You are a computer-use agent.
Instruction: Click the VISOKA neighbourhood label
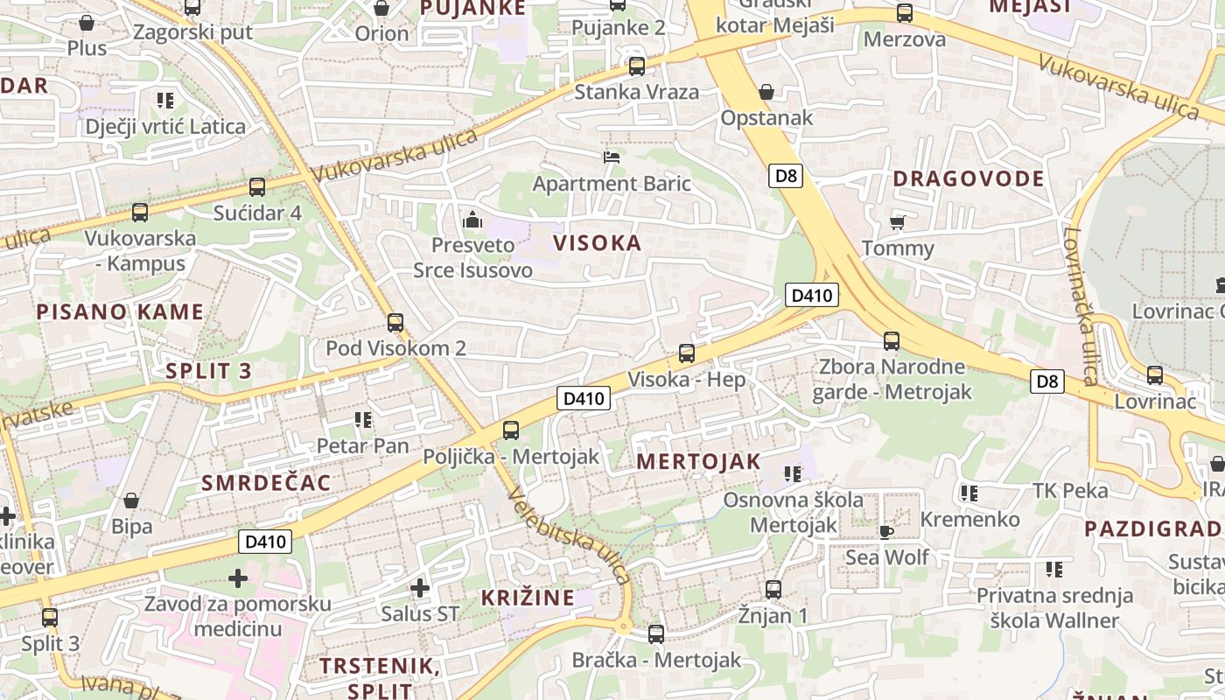pyautogui.click(x=598, y=243)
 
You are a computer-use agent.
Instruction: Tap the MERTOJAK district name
pyautogui.click(x=698, y=462)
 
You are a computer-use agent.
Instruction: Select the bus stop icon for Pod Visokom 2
pyautogui.click(x=395, y=323)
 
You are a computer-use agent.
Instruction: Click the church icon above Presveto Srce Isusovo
pyautogui.click(x=472, y=219)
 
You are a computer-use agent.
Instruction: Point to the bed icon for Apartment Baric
pyautogui.click(x=612, y=157)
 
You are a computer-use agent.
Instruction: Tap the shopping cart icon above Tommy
pyautogui.click(x=897, y=222)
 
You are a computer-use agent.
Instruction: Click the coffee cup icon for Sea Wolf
pyautogui.click(x=886, y=531)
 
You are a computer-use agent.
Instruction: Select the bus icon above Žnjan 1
pyautogui.click(x=773, y=589)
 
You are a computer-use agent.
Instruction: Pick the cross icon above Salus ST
pyautogui.click(x=420, y=587)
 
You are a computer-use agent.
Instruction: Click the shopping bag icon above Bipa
pyautogui.click(x=131, y=500)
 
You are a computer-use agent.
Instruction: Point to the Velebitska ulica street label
pyautogui.click(x=568, y=535)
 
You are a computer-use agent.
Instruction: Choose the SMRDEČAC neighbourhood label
pyautogui.click(x=266, y=483)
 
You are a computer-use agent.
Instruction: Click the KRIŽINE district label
pyautogui.click(x=528, y=598)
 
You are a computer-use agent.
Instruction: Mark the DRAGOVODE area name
pyautogui.click(x=968, y=179)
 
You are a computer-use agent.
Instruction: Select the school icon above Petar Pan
pyautogui.click(x=363, y=420)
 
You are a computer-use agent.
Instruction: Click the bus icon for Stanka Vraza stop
pyautogui.click(x=637, y=66)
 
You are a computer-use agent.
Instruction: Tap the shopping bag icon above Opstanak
pyautogui.click(x=766, y=92)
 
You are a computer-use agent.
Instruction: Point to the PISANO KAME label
pyautogui.click(x=120, y=312)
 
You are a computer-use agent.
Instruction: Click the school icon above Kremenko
pyautogui.click(x=969, y=493)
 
